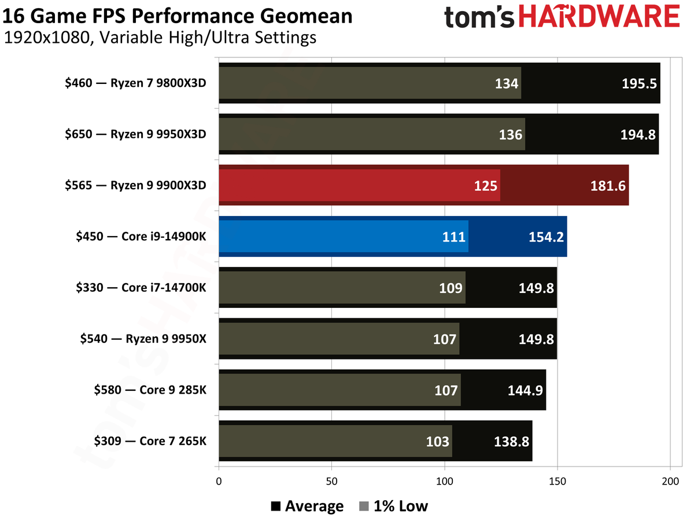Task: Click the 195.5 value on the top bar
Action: [639, 83]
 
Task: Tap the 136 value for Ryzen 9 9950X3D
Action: [510, 135]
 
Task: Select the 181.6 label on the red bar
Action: [608, 186]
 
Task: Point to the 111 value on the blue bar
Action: [453, 237]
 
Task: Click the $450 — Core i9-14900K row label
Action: [141, 236]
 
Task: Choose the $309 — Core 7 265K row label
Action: [150, 441]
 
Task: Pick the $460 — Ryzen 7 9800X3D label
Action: [136, 83]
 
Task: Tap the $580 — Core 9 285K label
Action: [150, 390]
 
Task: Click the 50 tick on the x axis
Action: [331, 481]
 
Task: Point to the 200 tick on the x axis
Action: [670, 481]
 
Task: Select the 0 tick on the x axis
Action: [219, 481]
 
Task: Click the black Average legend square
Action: [276, 506]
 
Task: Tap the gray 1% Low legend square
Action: [364, 506]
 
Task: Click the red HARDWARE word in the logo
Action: [599, 16]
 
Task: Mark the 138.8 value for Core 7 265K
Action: [511, 442]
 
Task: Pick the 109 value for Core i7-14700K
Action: [451, 288]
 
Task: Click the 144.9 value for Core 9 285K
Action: [525, 390]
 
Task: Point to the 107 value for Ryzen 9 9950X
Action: [445, 339]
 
